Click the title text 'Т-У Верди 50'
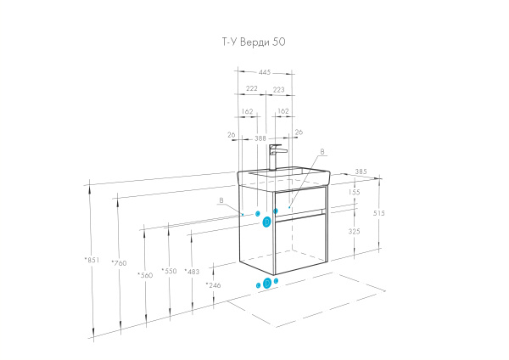coord(255,41)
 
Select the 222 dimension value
coord(252,88)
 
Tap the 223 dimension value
coord(279,88)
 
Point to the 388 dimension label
coord(260,138)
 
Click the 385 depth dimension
coord(361,172)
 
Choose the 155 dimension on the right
coord(354,193)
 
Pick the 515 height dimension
coord(379,213)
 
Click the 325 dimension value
coord(354,230)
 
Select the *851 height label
coord(93,259)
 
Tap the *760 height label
coord(120,263)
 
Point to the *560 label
coord(146,275)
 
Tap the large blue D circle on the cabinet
coord(266,222)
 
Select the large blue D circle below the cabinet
coord(266,283)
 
